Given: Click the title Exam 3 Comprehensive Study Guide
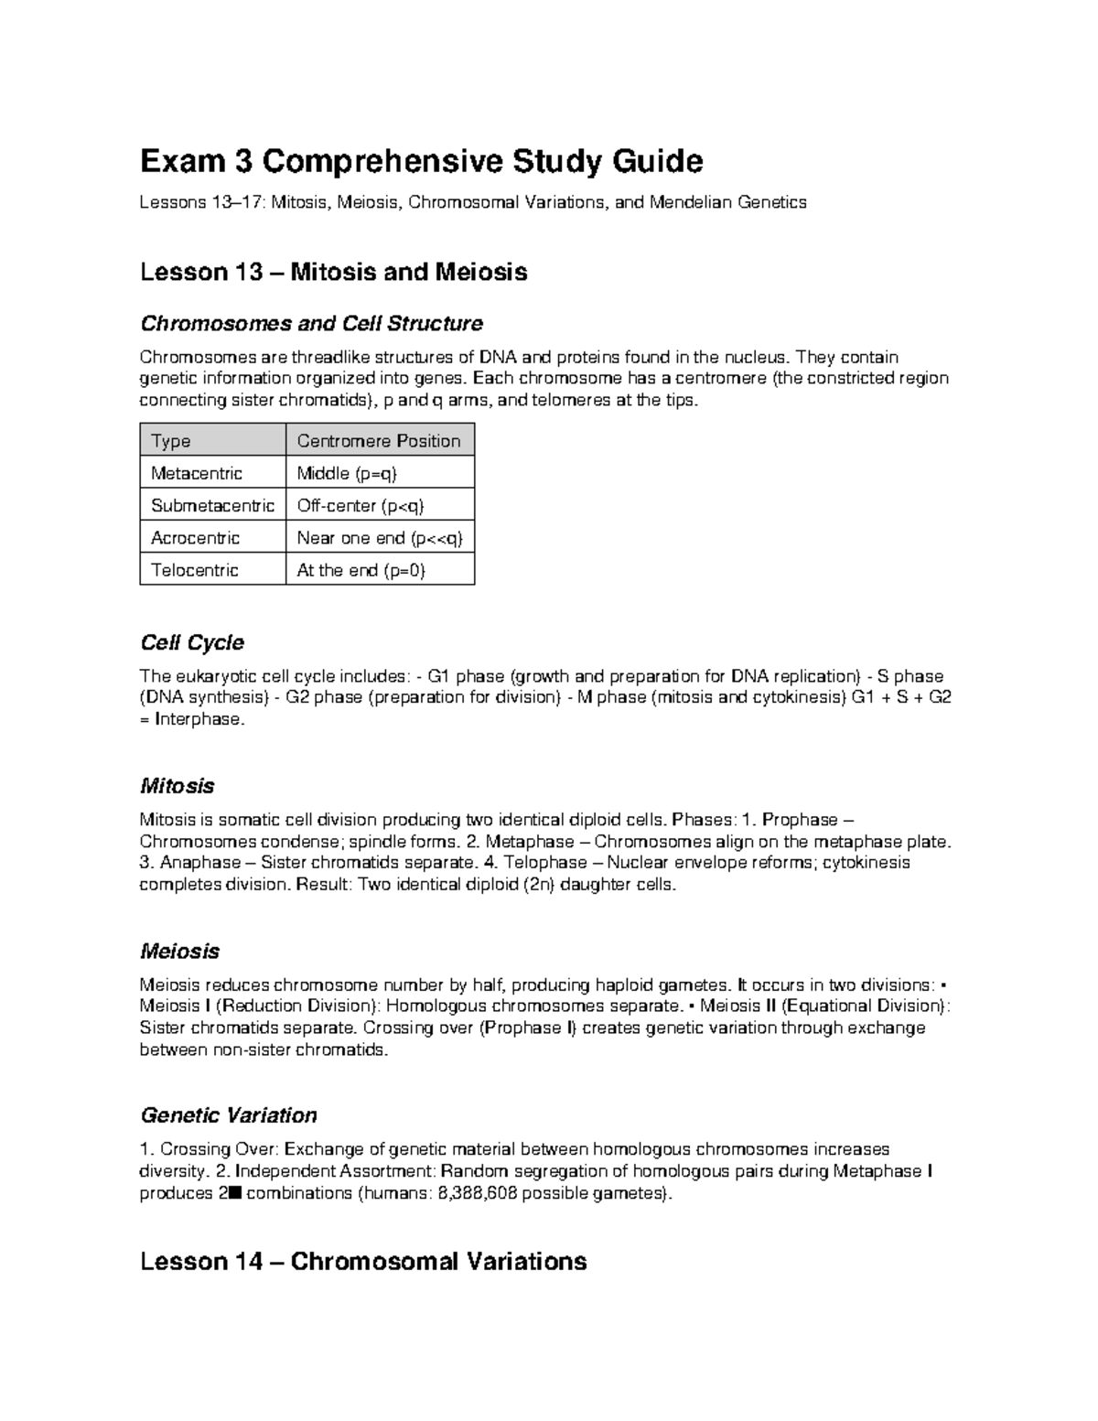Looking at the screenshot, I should [421, 162].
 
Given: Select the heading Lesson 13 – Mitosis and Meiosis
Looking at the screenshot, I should [333, 273].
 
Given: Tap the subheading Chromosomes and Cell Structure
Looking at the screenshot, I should [311, 324].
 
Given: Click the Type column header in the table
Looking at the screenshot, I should [171, 441].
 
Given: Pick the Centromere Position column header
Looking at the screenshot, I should [379, 441].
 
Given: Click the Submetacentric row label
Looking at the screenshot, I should [212, 505].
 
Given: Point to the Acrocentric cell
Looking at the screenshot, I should [195, 537].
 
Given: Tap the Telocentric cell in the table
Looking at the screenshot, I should [194, 570].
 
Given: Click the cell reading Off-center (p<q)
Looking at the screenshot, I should [361, 505].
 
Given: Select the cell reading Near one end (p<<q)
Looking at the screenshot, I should [380, 537].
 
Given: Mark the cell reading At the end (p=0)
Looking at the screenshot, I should [361, 570].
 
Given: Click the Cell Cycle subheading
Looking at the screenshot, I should [191, 643].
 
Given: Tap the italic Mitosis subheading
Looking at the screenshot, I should [177, 786].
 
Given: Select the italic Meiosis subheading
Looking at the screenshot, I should [179, 952].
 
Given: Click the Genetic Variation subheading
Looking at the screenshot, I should [228, 1115].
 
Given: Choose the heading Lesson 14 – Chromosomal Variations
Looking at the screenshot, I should [362, 1262].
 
